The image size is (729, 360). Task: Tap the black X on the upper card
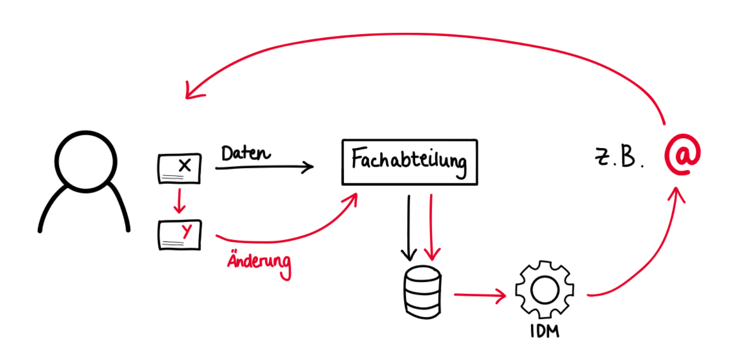(185, 165)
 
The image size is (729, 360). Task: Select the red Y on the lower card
(188, 231)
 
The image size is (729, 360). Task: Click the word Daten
(246, 154)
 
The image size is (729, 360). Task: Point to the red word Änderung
(258, 263)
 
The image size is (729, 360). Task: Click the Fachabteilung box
(410, 162)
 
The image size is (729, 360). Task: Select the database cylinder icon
(422, 292)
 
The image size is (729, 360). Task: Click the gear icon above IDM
(545, 290)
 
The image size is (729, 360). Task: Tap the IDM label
(545, 331)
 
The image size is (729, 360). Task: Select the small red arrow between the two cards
(179, 201)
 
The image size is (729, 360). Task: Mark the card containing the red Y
(179, 235)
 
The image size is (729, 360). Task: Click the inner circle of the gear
(545, 290)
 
